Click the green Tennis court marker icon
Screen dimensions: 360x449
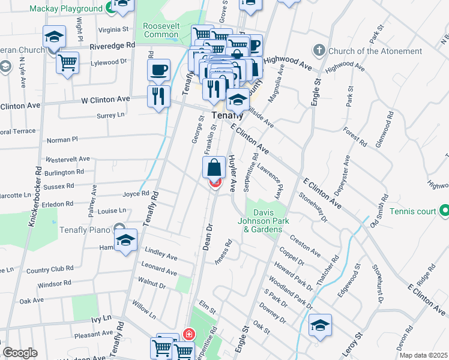pos(444,211)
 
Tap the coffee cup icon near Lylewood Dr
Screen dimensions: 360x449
pos(158,70)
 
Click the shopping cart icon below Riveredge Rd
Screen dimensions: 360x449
pos(68,62)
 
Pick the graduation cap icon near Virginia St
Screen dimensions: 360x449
pos(55,37)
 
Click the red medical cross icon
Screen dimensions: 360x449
pos(188,334)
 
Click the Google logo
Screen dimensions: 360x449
pos(20,353)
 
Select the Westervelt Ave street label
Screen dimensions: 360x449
pos(68,159)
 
